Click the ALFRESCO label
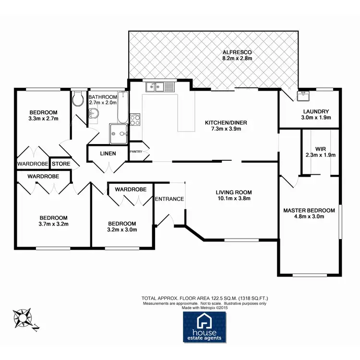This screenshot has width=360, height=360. pos(237,52)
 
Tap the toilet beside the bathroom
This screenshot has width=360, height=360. pos(78,99)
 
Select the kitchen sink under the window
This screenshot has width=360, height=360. pos(160,87)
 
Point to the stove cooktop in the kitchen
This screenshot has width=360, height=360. pos(135,119)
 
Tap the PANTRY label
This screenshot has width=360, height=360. pos(136,151)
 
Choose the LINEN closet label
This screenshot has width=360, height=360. pos(107,154)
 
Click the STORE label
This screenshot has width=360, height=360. pos(61,164)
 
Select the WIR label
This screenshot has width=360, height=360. pos(321,148)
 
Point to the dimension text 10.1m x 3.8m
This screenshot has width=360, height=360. pos(233,199)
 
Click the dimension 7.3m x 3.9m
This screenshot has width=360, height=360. pos(226,130)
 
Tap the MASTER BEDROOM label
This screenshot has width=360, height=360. pos(309,210)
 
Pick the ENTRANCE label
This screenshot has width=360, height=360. pos(169,199)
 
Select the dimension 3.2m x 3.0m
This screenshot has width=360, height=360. pos(122,229)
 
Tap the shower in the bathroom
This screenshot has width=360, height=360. pos(119,134)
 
